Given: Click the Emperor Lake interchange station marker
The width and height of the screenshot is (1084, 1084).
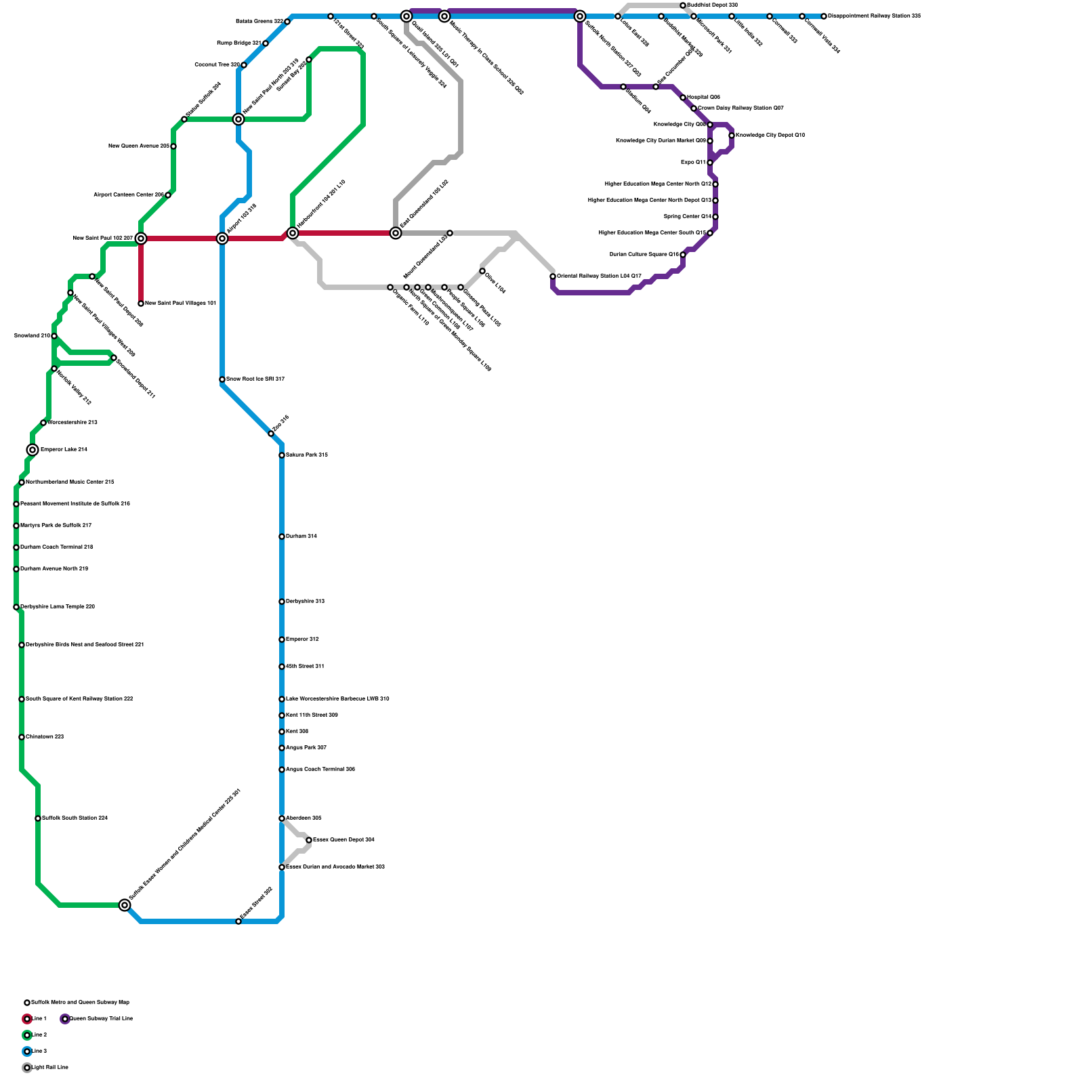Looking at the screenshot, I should [x=33, y=450].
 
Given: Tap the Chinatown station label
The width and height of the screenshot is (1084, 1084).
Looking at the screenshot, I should [x=45, y=736].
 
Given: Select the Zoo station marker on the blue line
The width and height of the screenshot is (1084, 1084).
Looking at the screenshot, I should [x=271, y=434].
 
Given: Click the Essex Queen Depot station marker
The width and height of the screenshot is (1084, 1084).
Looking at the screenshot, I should [x=309, y=840].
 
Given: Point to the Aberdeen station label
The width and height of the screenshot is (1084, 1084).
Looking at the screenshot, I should [x=303, y=818].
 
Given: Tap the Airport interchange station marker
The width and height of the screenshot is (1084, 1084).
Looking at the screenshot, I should [x=222, y=238].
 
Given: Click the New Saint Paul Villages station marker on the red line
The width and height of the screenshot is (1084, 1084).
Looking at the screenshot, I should [x=141, y=304].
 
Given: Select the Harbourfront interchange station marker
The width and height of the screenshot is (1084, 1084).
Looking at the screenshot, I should [x=293, y=233].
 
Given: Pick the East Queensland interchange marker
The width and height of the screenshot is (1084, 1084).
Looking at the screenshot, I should [x=396, y=233].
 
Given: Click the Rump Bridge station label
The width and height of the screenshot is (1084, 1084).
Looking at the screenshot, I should [x=238, y=43].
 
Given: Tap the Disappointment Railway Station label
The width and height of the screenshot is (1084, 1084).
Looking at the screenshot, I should [x=874, y=16].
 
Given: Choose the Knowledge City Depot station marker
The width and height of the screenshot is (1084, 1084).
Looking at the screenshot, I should [x=732, y=135].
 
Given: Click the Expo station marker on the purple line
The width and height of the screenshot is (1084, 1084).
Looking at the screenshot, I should [x=710, y=163].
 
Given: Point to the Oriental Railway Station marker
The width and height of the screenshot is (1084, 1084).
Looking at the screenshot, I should [x=553, y=276].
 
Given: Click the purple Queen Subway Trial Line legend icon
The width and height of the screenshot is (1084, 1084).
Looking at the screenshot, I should [x=65, y=1019].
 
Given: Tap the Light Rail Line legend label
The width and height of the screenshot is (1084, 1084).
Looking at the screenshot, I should [x=49, y=1067].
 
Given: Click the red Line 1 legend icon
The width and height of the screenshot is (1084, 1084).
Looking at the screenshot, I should [x=27, y=1019].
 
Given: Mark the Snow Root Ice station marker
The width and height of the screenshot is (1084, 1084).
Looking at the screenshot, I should [x=222, y=379].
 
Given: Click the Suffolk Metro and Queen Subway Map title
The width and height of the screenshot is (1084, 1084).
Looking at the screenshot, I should [x=80, y=1002].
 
